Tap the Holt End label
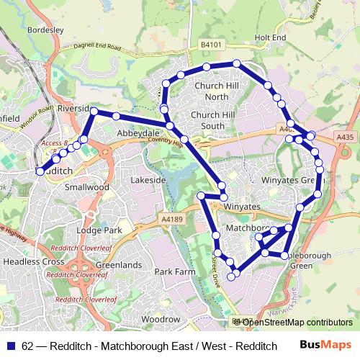tap(270, 37)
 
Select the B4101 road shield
tap(210, 45)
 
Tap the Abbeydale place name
tap(138, 134)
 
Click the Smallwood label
tap(86, 186)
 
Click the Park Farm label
tap(175, 272)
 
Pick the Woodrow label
tap(161, 319)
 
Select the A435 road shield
tap(345, 135)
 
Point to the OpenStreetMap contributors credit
tap(293, 323)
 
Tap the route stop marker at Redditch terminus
tap(40, 171)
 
